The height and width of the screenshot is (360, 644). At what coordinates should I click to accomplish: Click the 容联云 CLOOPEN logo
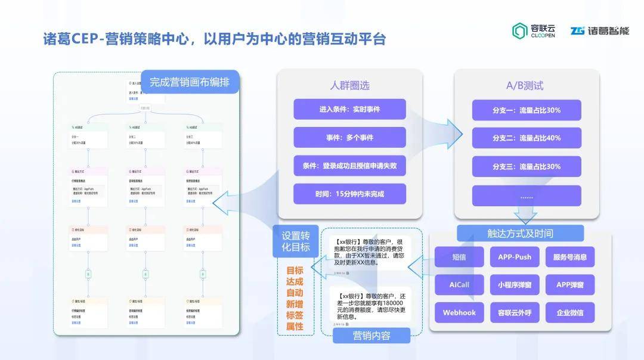coord(533,31)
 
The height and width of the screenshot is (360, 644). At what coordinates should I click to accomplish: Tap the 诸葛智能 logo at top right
coord(599,31)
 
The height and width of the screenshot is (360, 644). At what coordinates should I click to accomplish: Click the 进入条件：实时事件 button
coord(349,110)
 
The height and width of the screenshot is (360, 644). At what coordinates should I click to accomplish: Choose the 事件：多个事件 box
coord(349,138)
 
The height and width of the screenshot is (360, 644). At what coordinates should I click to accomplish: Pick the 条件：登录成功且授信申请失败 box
coord(349,166)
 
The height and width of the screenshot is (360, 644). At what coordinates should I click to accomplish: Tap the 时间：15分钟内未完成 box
coord(349,194)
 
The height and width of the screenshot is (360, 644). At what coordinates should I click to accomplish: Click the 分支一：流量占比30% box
coord(527,110)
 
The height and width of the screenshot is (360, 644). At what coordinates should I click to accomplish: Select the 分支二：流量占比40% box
coord(527,138)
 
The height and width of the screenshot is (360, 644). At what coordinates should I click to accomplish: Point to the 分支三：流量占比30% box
coord(527,166)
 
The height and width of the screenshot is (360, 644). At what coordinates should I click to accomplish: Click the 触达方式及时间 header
coord(520,233)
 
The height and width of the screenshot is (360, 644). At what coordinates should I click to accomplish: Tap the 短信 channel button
coord(459,257)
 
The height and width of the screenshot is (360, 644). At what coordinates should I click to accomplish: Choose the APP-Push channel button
coord(514,257)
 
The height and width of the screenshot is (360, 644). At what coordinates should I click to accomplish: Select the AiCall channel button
coord(459,285)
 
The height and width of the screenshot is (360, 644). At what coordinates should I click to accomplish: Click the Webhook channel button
coord(459,312)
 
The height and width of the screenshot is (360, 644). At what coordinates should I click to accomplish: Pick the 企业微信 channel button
coord(569,312)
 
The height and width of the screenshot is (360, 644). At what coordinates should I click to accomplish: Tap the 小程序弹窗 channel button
coord(514,285)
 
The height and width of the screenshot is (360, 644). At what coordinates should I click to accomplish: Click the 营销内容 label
coord(371,336)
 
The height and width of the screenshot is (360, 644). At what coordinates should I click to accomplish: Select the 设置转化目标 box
coord(295,241)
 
